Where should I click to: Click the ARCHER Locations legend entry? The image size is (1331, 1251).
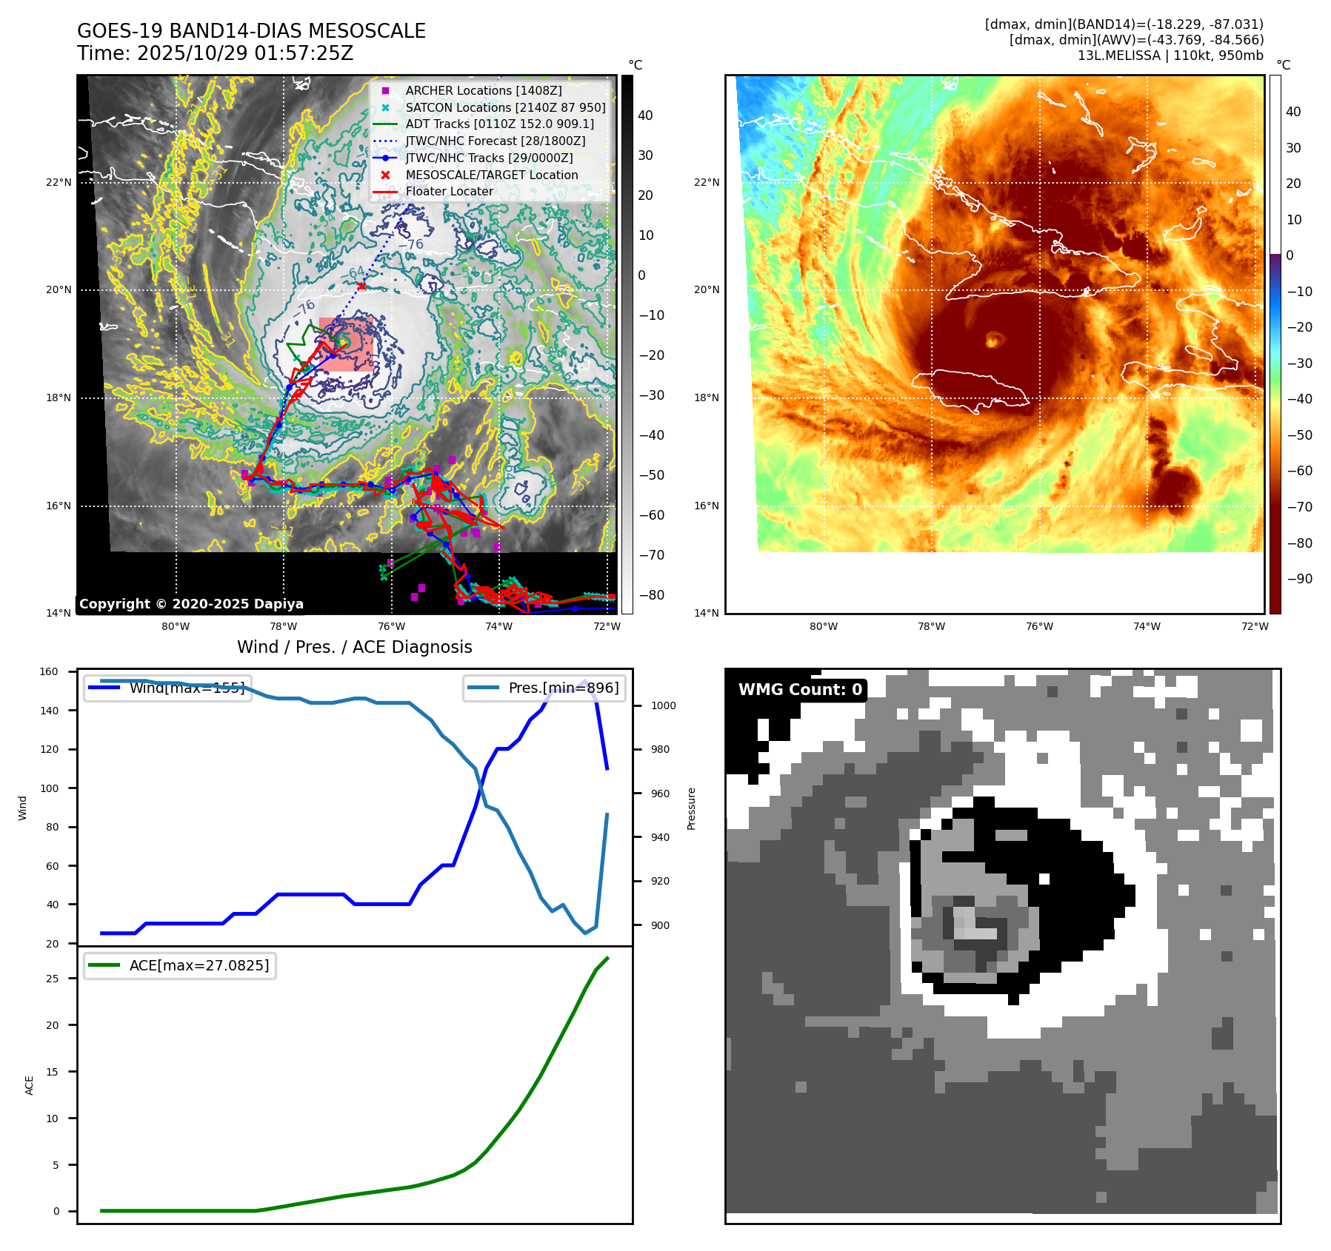click(x=483, y=90)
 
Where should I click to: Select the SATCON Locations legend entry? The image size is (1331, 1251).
click(x=505, y=107)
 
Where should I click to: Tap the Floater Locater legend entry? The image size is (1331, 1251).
click(x=449, y=191)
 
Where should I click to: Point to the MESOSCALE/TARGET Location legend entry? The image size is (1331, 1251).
click(x=491, y=175)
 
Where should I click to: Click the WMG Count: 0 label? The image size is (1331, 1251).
click(x=800, y=690)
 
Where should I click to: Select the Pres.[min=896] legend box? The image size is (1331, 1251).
click(x=544, y=688)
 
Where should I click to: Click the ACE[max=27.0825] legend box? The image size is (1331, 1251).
click(x=180, y=965)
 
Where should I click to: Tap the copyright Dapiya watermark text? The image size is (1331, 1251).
click(x=191, y=604)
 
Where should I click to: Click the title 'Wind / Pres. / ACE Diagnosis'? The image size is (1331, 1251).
click(x=354, y=647)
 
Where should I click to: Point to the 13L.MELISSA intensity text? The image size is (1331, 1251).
click(x=1170, y=56)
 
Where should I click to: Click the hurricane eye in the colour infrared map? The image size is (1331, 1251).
click(x=993, y=339)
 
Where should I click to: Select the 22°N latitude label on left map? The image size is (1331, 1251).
click(x=59, y=182)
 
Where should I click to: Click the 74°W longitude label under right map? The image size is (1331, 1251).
click(x=1147, y=626)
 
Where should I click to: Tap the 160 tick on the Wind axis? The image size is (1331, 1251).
click(x=49, y=672)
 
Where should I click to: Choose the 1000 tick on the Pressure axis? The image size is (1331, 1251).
click(x=663, y=705)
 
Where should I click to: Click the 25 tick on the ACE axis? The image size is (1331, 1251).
click(x=52, y=979)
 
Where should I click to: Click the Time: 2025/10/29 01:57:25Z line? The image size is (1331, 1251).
click(x=215, y=53)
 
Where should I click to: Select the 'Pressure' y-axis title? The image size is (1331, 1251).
click(x=691, y=808)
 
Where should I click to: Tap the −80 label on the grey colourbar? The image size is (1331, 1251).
click(x=652, y=595)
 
